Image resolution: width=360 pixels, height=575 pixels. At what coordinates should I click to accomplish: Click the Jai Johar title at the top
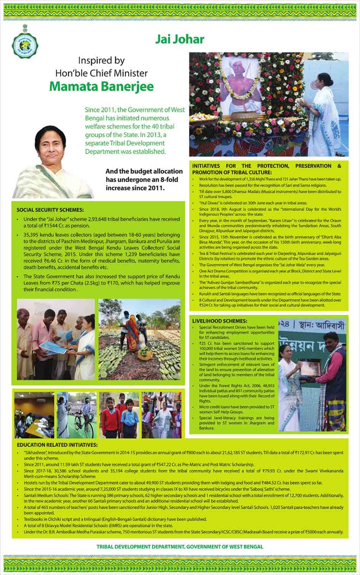[x=180, y=39]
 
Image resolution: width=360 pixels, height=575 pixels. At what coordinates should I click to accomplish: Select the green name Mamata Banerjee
[x=101, y=86]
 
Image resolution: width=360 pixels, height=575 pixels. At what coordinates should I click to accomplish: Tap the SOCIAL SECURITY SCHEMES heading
[x=50, y=210]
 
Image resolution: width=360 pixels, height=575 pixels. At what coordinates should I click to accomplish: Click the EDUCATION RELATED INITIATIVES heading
[x=57, y=445]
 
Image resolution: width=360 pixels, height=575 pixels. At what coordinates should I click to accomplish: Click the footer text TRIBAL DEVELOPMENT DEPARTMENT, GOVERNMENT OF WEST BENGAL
[x=180, y=546]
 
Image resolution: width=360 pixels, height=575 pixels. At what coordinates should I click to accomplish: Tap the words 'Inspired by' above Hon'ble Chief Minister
[x=101, y=61]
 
